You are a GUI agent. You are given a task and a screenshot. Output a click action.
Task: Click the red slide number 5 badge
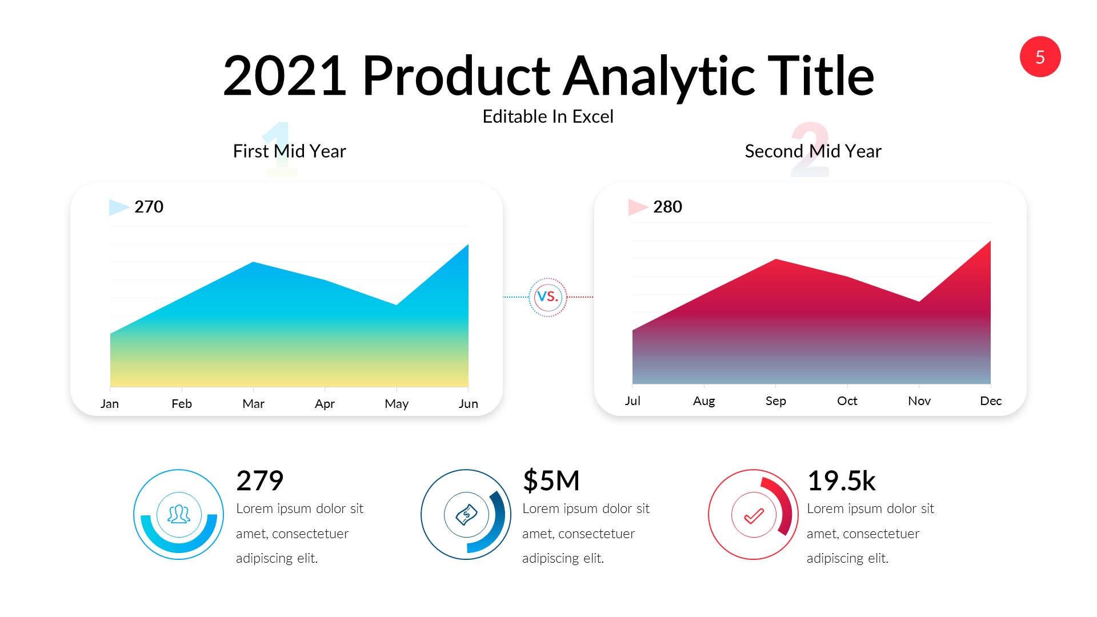click(1040, 57)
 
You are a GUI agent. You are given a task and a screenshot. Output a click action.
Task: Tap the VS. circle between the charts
click(547, 297)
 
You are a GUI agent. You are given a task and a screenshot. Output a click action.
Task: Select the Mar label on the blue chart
click(253, 404)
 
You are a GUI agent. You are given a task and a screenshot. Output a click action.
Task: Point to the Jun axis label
click(468, 404)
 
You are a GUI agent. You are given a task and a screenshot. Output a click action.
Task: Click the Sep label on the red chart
click(775, 401)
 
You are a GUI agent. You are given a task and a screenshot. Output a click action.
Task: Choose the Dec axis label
click(990, 401)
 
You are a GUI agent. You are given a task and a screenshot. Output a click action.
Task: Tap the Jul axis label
click(632, 401)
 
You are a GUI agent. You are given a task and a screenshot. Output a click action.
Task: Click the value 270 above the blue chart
click(149, 207)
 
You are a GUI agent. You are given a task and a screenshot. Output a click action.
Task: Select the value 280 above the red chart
click(667, 207)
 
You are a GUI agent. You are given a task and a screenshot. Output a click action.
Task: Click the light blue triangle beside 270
click(118, 207)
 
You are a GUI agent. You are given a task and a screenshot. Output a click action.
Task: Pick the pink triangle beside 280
click(636, 207)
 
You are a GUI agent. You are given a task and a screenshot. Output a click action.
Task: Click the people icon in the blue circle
click(179, 514)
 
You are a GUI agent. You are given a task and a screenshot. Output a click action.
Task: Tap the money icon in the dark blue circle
click(466, 514)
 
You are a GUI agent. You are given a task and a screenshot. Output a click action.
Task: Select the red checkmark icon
click(754, 515)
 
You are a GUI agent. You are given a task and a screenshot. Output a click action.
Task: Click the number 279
click(259, 480)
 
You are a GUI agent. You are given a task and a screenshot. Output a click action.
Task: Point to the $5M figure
click(551, 480)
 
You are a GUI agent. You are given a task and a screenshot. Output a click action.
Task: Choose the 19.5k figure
click(841, 480)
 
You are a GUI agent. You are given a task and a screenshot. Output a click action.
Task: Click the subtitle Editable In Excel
click(547, 117)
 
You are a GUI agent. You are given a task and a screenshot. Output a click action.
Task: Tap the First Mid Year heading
click(289, 151)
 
